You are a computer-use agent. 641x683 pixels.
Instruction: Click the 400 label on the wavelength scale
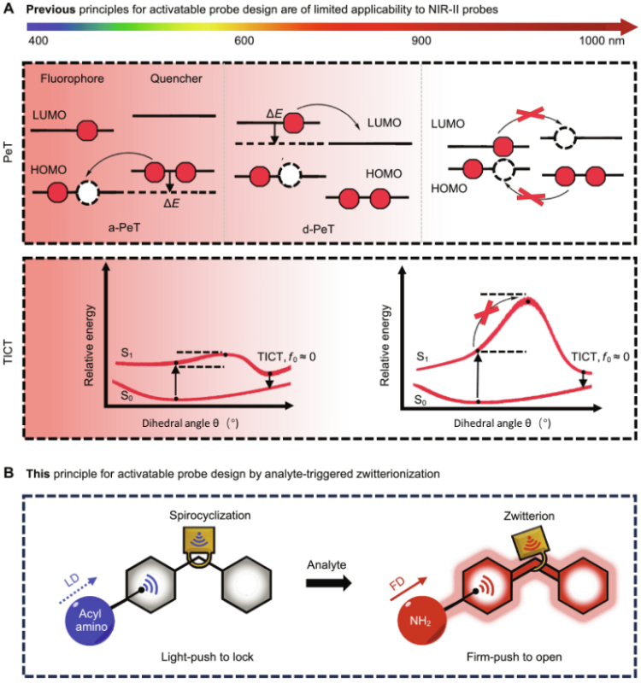click(x=38, y=41)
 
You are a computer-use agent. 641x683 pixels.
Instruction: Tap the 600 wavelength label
click(x=244, y=41)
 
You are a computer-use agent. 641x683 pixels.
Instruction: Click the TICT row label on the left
click(x=11, y=341)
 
